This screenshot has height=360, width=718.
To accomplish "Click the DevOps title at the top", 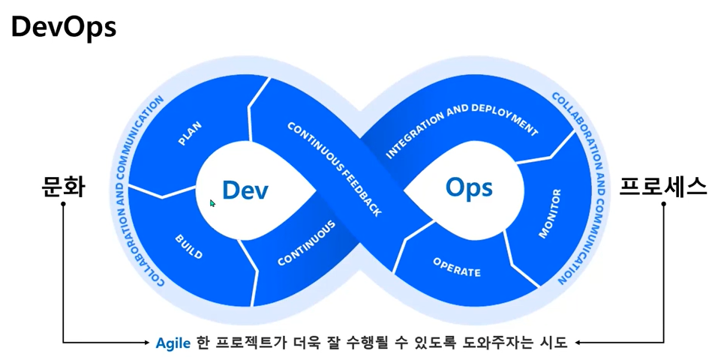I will [x=63, y=27].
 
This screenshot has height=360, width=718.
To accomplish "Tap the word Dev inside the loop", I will [x=245, y=190].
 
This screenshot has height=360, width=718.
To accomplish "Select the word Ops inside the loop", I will [x=469, y=186].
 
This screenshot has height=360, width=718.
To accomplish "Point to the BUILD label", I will [x=188, y=245].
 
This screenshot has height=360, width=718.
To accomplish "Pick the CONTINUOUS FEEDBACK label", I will [x=335, y=168].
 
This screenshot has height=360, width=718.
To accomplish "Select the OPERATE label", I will [x=456, y=266].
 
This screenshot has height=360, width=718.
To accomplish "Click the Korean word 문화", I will [x=62, y=186].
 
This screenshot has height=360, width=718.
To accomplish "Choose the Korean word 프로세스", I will [x=662, y=186].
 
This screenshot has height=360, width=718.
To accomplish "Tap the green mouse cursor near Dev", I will [x=212, y=202].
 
